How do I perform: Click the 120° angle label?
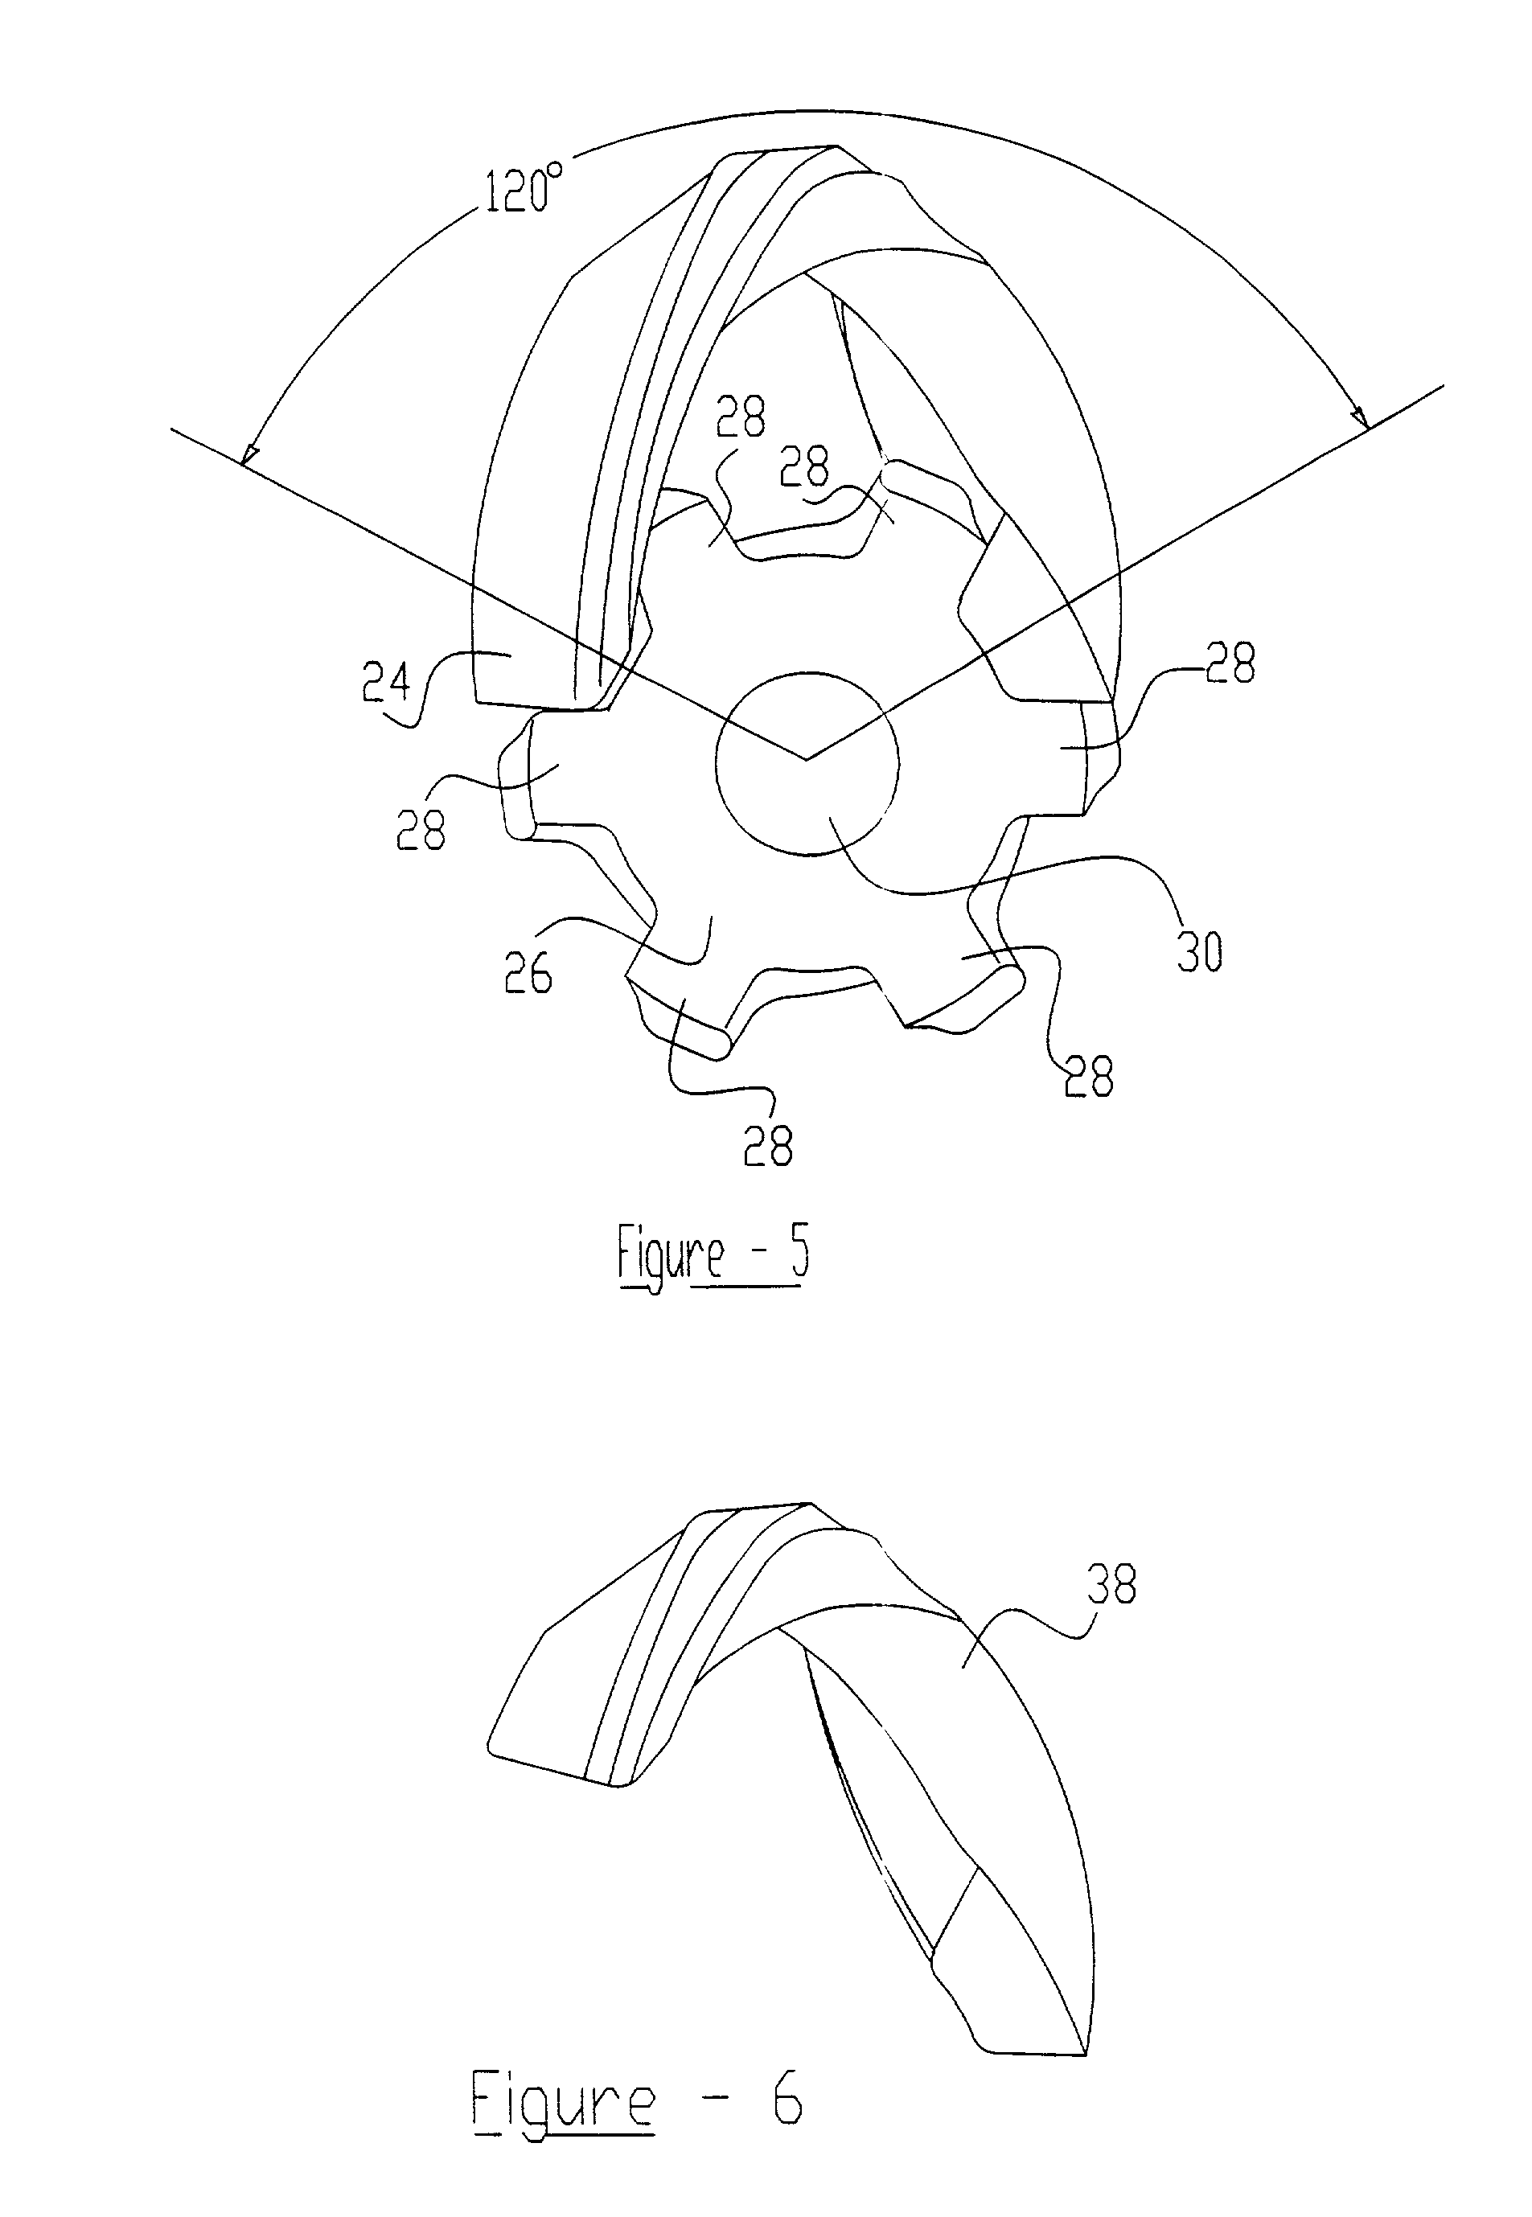pyautogui.click(x=520, y=189)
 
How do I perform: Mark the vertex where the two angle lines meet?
pyautogui.click(x=807, y=759)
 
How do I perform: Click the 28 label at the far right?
pyautogui.click(x=1230, y=663)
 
